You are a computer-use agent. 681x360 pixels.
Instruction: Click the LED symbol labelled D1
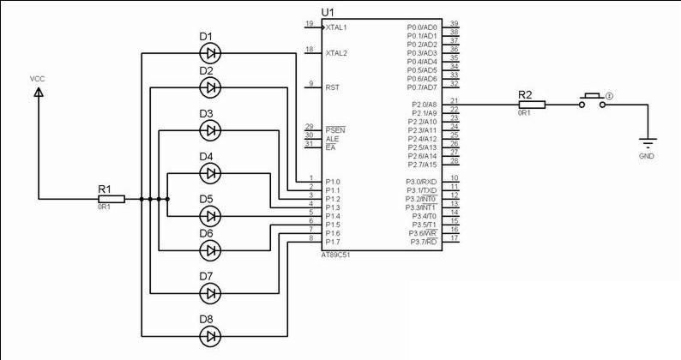(210, 53)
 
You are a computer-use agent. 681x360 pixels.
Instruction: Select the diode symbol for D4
(210, 173)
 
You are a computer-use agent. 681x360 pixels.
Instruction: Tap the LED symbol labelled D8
(210, 336)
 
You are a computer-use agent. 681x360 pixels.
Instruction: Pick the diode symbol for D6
(210, 249)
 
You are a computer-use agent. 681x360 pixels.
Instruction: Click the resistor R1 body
(111, 199)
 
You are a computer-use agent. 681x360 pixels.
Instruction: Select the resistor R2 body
(525, 105)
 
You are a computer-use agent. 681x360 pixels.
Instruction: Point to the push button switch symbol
(593, 99)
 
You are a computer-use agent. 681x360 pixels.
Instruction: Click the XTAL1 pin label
(336, 27)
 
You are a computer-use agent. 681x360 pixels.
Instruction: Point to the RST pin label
(333, 87)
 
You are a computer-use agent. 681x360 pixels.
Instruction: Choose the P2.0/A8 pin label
(423, 105)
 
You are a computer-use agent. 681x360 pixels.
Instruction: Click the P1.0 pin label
(333, 182)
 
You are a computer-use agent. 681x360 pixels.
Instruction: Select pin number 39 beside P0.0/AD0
(454, 23)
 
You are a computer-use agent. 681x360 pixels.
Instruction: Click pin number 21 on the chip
(454, 100)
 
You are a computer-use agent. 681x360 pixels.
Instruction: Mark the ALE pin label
(333, 139)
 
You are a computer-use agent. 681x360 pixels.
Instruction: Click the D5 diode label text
(207, 199)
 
